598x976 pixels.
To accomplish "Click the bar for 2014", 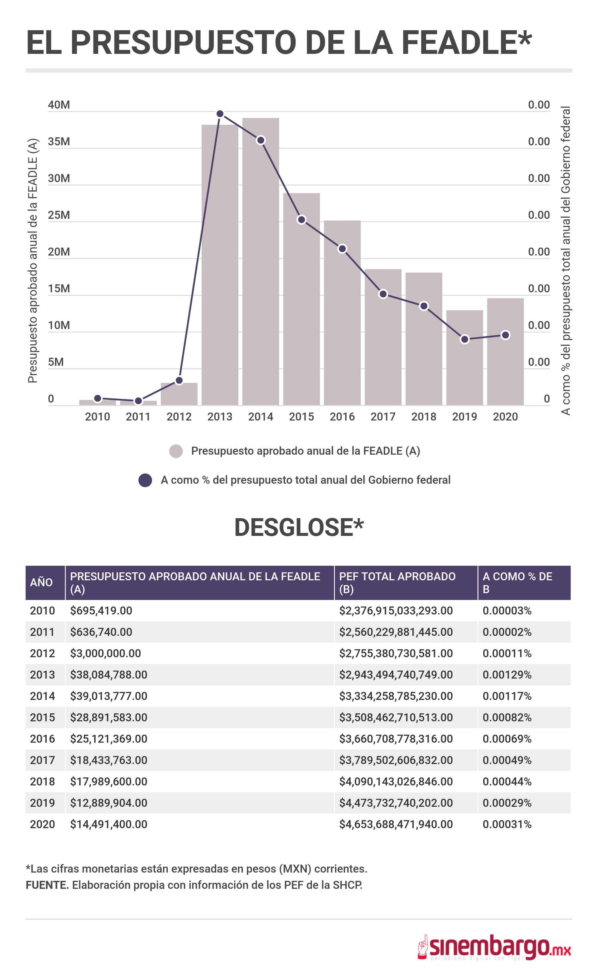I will tap(261, 261).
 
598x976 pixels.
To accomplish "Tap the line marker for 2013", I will tap(220, 114).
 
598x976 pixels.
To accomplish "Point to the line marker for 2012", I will tap(179, 380).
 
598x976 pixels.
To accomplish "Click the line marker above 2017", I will tap(383, 294).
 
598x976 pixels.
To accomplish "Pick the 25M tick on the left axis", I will tap(59, 215).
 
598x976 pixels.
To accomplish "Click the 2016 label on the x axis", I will tap(342, 417).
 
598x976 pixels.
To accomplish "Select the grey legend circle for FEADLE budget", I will tap(176, 451).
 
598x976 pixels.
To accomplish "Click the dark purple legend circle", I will tap(145, 480).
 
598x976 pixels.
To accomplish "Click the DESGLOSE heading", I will tap(299, 528).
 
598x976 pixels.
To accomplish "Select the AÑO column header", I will tap(41, 582).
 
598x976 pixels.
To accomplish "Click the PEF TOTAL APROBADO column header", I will tap(397, 582).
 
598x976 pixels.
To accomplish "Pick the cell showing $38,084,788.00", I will tap(109, 674).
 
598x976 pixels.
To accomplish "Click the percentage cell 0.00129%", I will tap(507, 674).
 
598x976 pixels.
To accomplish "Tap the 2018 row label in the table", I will tap(42, 782).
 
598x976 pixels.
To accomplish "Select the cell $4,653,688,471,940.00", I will tap(396, 824).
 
